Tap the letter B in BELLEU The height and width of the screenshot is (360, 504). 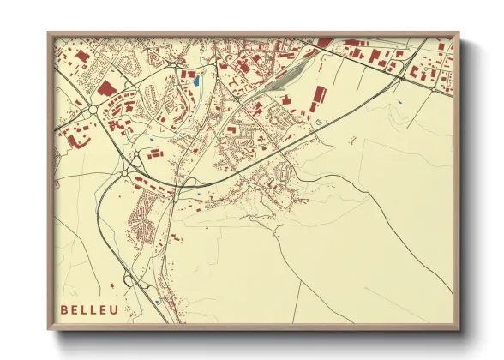point(65,309)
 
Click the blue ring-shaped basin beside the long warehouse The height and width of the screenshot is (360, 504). point(319,122)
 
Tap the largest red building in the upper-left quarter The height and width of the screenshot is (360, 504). point(107,87)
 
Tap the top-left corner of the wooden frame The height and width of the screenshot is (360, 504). point(49,33)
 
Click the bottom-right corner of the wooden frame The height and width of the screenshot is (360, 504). point(459,329)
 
